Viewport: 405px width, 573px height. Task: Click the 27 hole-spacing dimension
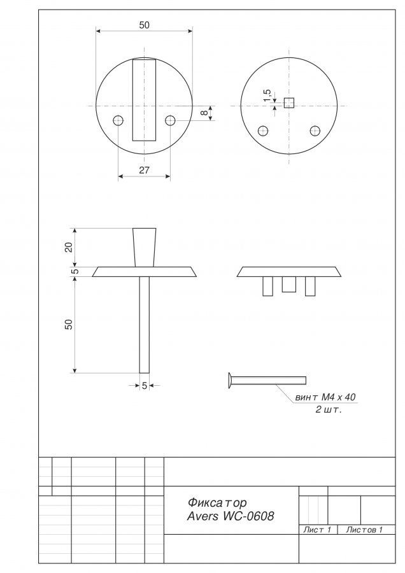(x=145, y=170)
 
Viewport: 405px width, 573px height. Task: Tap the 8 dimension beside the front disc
(x=205, y=113)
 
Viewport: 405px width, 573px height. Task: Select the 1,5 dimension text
(x=268, y=95)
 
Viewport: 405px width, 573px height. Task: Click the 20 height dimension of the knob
(x=69, y=248)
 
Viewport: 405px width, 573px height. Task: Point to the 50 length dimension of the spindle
(x=69, y=325)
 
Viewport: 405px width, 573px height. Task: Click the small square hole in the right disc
(x=289, y=103)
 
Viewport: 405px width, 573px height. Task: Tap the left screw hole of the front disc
(x=118, y=120)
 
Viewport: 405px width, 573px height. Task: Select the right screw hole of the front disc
(x=170, y=120)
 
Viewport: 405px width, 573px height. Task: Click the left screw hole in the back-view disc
(x=263, y=131)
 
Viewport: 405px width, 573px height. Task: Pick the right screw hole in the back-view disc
(x=315, y=131)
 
